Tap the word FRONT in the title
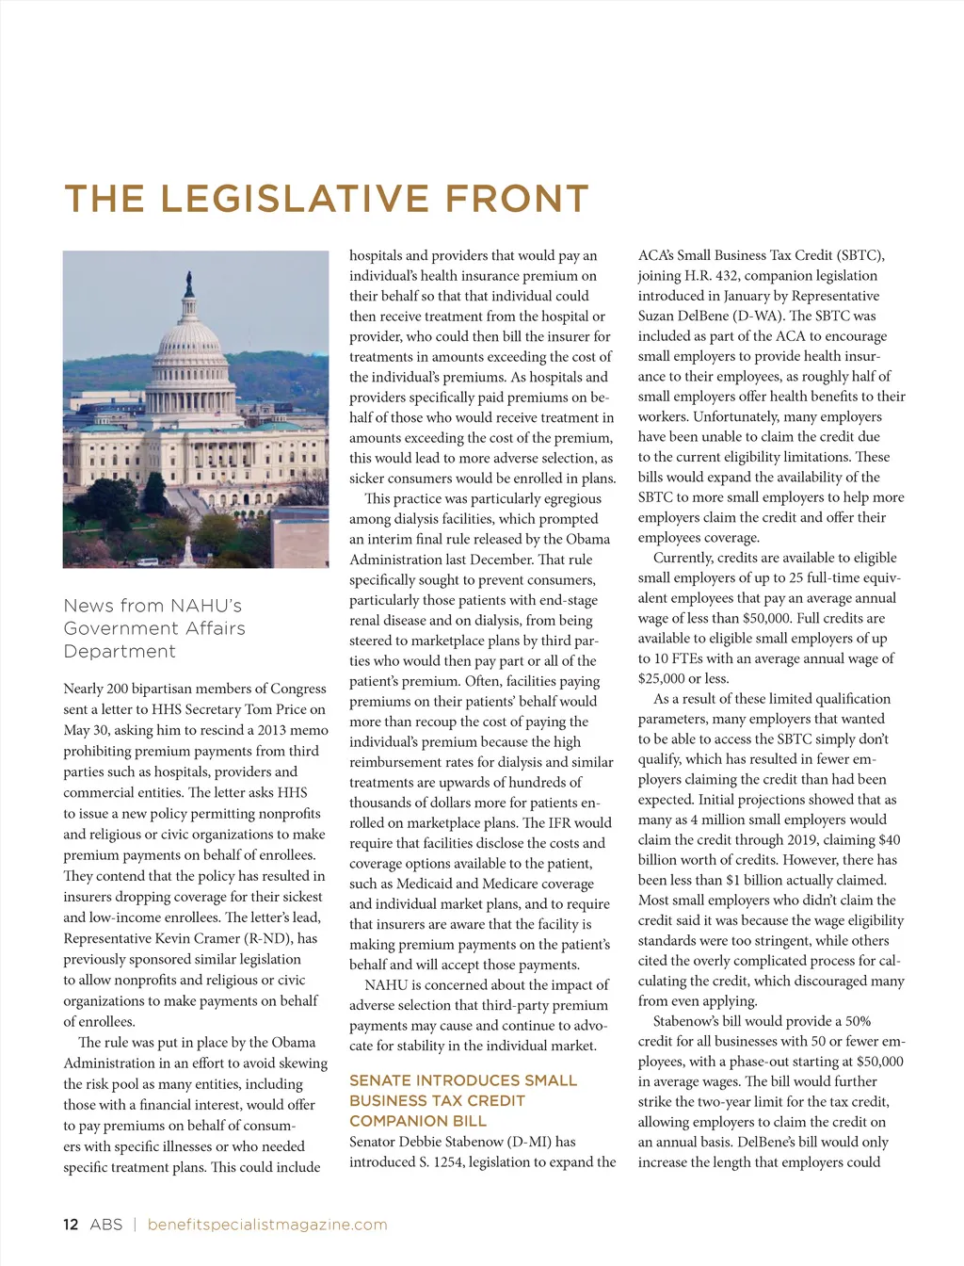click(517, 200)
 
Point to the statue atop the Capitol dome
click(190, 283)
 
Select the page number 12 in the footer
click(71, 1225)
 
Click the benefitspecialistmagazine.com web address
click(267, 1225)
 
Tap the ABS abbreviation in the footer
click(106, 1225)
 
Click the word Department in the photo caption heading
click(120, 652)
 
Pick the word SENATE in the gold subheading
click(378, 1080)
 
